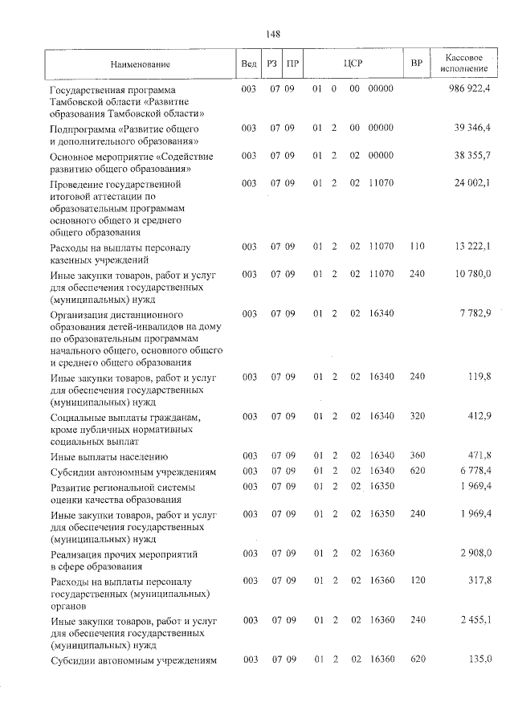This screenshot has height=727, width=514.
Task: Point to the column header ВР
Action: tap(416, 63)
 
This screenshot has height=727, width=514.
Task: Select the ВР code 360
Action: tap(417, 455)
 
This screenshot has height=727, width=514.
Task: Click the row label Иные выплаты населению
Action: tap(109, 456)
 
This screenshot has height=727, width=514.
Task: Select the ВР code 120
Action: tap(417, 579)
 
